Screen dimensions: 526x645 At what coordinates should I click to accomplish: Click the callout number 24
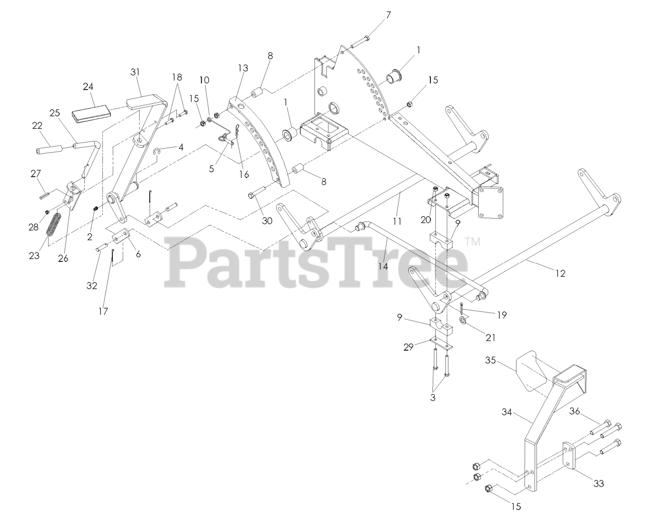tap(88, 86)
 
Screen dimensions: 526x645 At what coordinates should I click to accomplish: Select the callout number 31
tap(135, 72)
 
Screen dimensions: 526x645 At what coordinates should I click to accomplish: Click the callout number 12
tap(560, 273)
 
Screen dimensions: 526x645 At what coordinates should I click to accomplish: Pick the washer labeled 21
tap(464, 320)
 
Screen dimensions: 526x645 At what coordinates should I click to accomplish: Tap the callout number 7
tap(388, 15)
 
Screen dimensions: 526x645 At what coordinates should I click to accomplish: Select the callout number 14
tap(383, 267)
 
